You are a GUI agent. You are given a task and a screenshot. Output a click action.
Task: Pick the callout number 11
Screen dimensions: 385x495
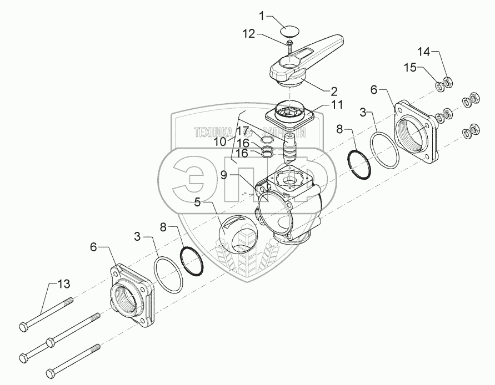click(337, 105)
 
